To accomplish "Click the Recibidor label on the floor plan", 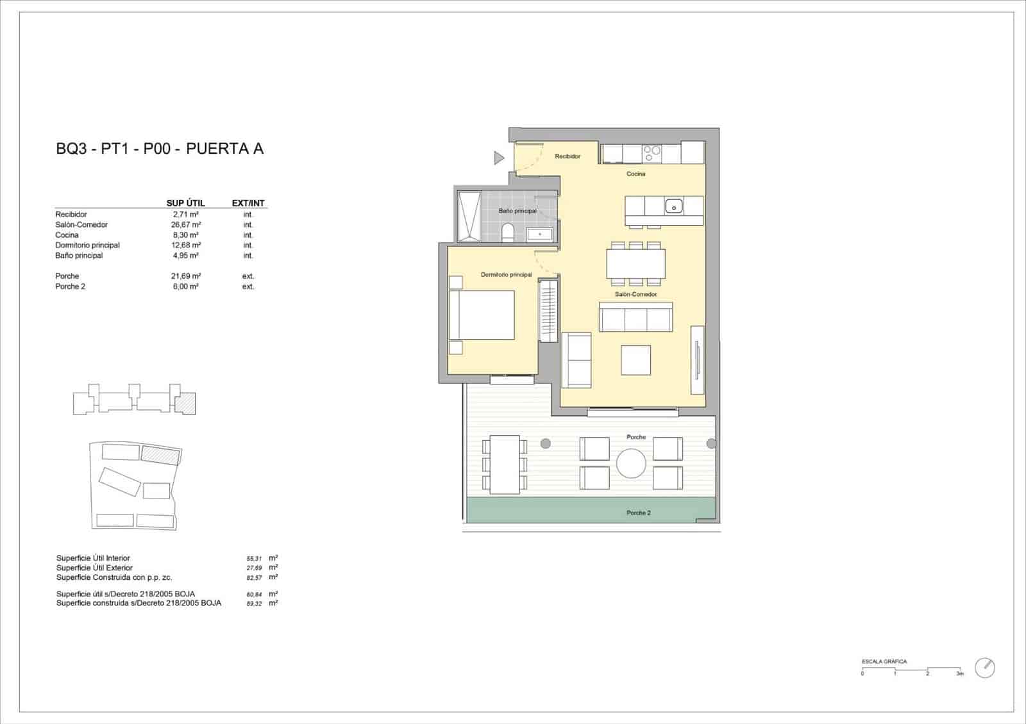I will point(568,156).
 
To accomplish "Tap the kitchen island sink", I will point(673,206).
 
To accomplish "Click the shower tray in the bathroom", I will point(469,216).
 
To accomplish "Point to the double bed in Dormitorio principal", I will point(482,315).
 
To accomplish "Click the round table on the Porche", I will point(632,463).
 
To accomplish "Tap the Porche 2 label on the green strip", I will point(638,513).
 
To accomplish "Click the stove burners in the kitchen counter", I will point(652,153).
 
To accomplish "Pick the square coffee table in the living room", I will point(635,360).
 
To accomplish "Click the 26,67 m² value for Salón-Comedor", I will point(187,225).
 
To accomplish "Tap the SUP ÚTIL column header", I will point(185,203).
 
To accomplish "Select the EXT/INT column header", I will point(248,203).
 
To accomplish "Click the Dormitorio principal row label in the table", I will point(87,245).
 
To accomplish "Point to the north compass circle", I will point(984,668).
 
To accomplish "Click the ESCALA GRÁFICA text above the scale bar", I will point(884,661).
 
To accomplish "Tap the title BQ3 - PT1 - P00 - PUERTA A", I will point(160,149).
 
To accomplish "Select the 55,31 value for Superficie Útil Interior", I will point(254,559).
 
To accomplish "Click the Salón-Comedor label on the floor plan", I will point(635,294).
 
